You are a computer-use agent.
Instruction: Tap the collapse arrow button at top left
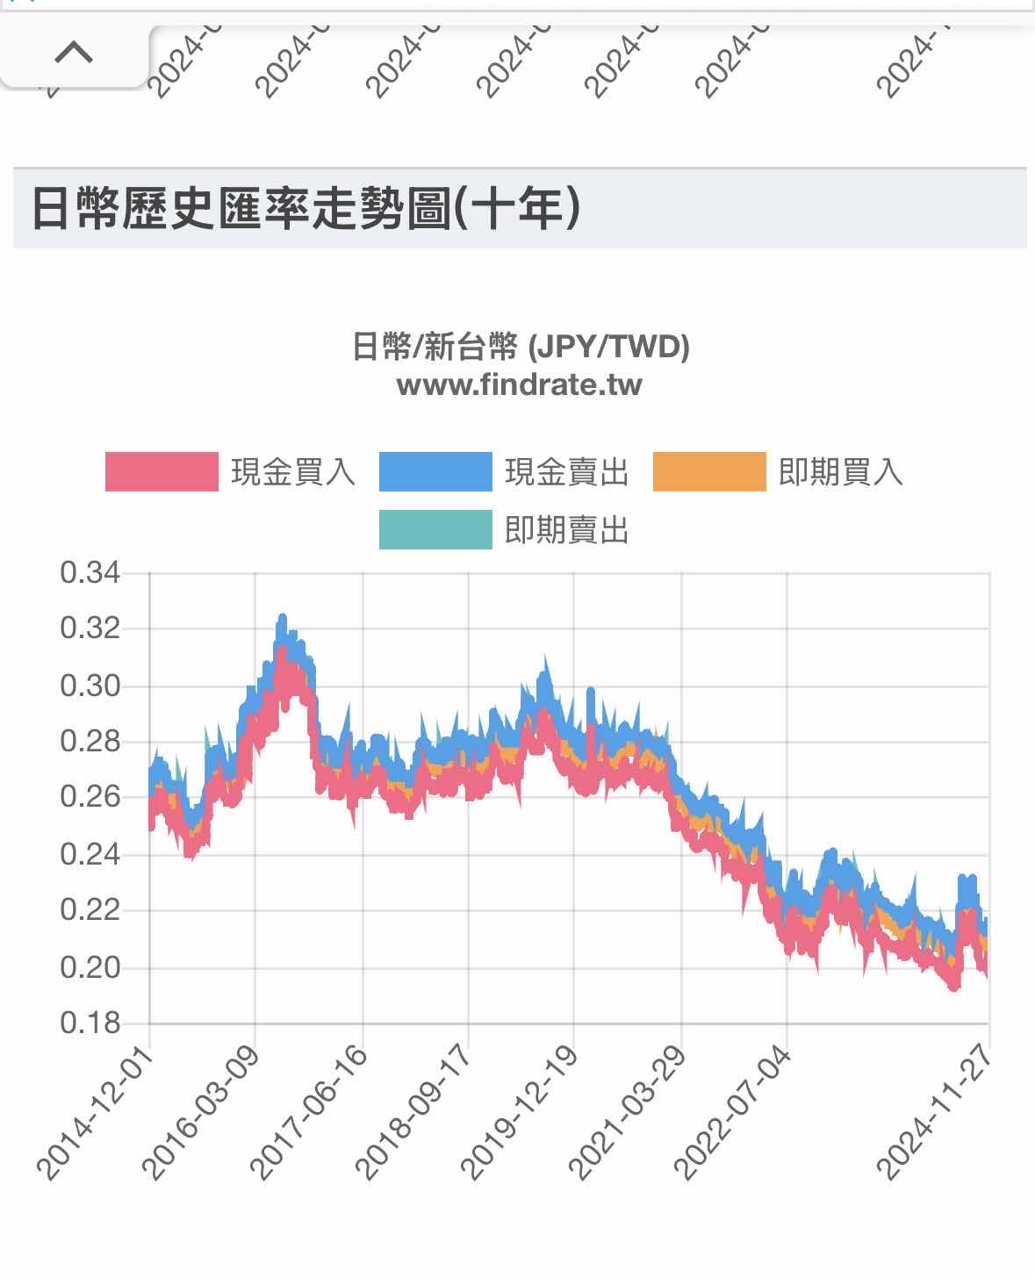pyautogui.click(x=74, y=54)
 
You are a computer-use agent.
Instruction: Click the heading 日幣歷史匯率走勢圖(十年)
pyautogui.click(x=305, y=209)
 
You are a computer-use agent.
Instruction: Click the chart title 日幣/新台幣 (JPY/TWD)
pyautogui.click(x=520, y=347)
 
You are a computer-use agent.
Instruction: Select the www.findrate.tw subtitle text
pyautogui.click(x=520, y=384)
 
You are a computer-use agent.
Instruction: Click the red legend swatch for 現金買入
pyautogui.click(x=162, y=471)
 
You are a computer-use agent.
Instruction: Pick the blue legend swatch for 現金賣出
pyautogui.click(x=435, y=471)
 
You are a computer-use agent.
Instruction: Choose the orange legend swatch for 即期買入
pyautogui.click(x=709, y=471)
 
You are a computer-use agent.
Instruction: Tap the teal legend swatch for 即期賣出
pyautogui.click(x=435, y=529)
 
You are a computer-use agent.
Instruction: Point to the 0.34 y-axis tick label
pyautogui.click(x=90, y=573)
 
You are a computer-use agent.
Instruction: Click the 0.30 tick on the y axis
pyautogui.click(x=90, y=686)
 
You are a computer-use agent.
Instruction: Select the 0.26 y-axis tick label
pyautogui.click(x=90, y=797)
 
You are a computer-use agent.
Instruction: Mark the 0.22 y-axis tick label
pyautogui.click(x=90, y=909)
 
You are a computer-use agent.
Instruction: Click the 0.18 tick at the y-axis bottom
pyautogui.click(x=90, y=1023)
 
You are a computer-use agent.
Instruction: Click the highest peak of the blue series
pyautogui.click(x=283, y=617)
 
